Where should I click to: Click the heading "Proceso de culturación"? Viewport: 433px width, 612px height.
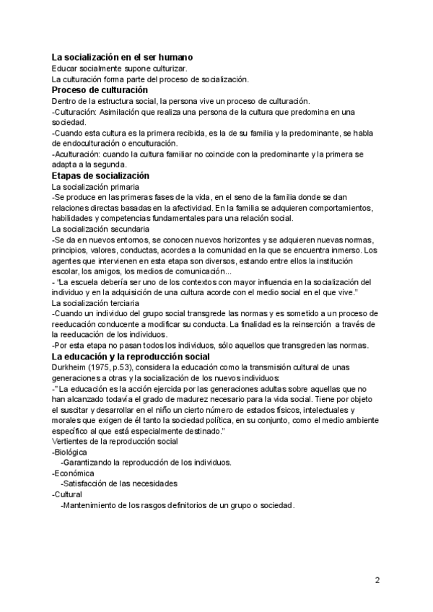(100, 90)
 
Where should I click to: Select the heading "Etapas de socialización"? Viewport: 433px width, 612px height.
(100, 175)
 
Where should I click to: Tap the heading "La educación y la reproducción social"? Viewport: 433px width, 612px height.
(131, 357)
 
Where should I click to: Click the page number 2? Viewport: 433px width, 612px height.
(377, 580)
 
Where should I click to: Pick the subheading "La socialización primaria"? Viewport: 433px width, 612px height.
(95, 186)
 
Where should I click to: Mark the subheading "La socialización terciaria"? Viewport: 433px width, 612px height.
(95, 303)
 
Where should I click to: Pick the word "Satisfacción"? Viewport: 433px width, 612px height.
(89, 484)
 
